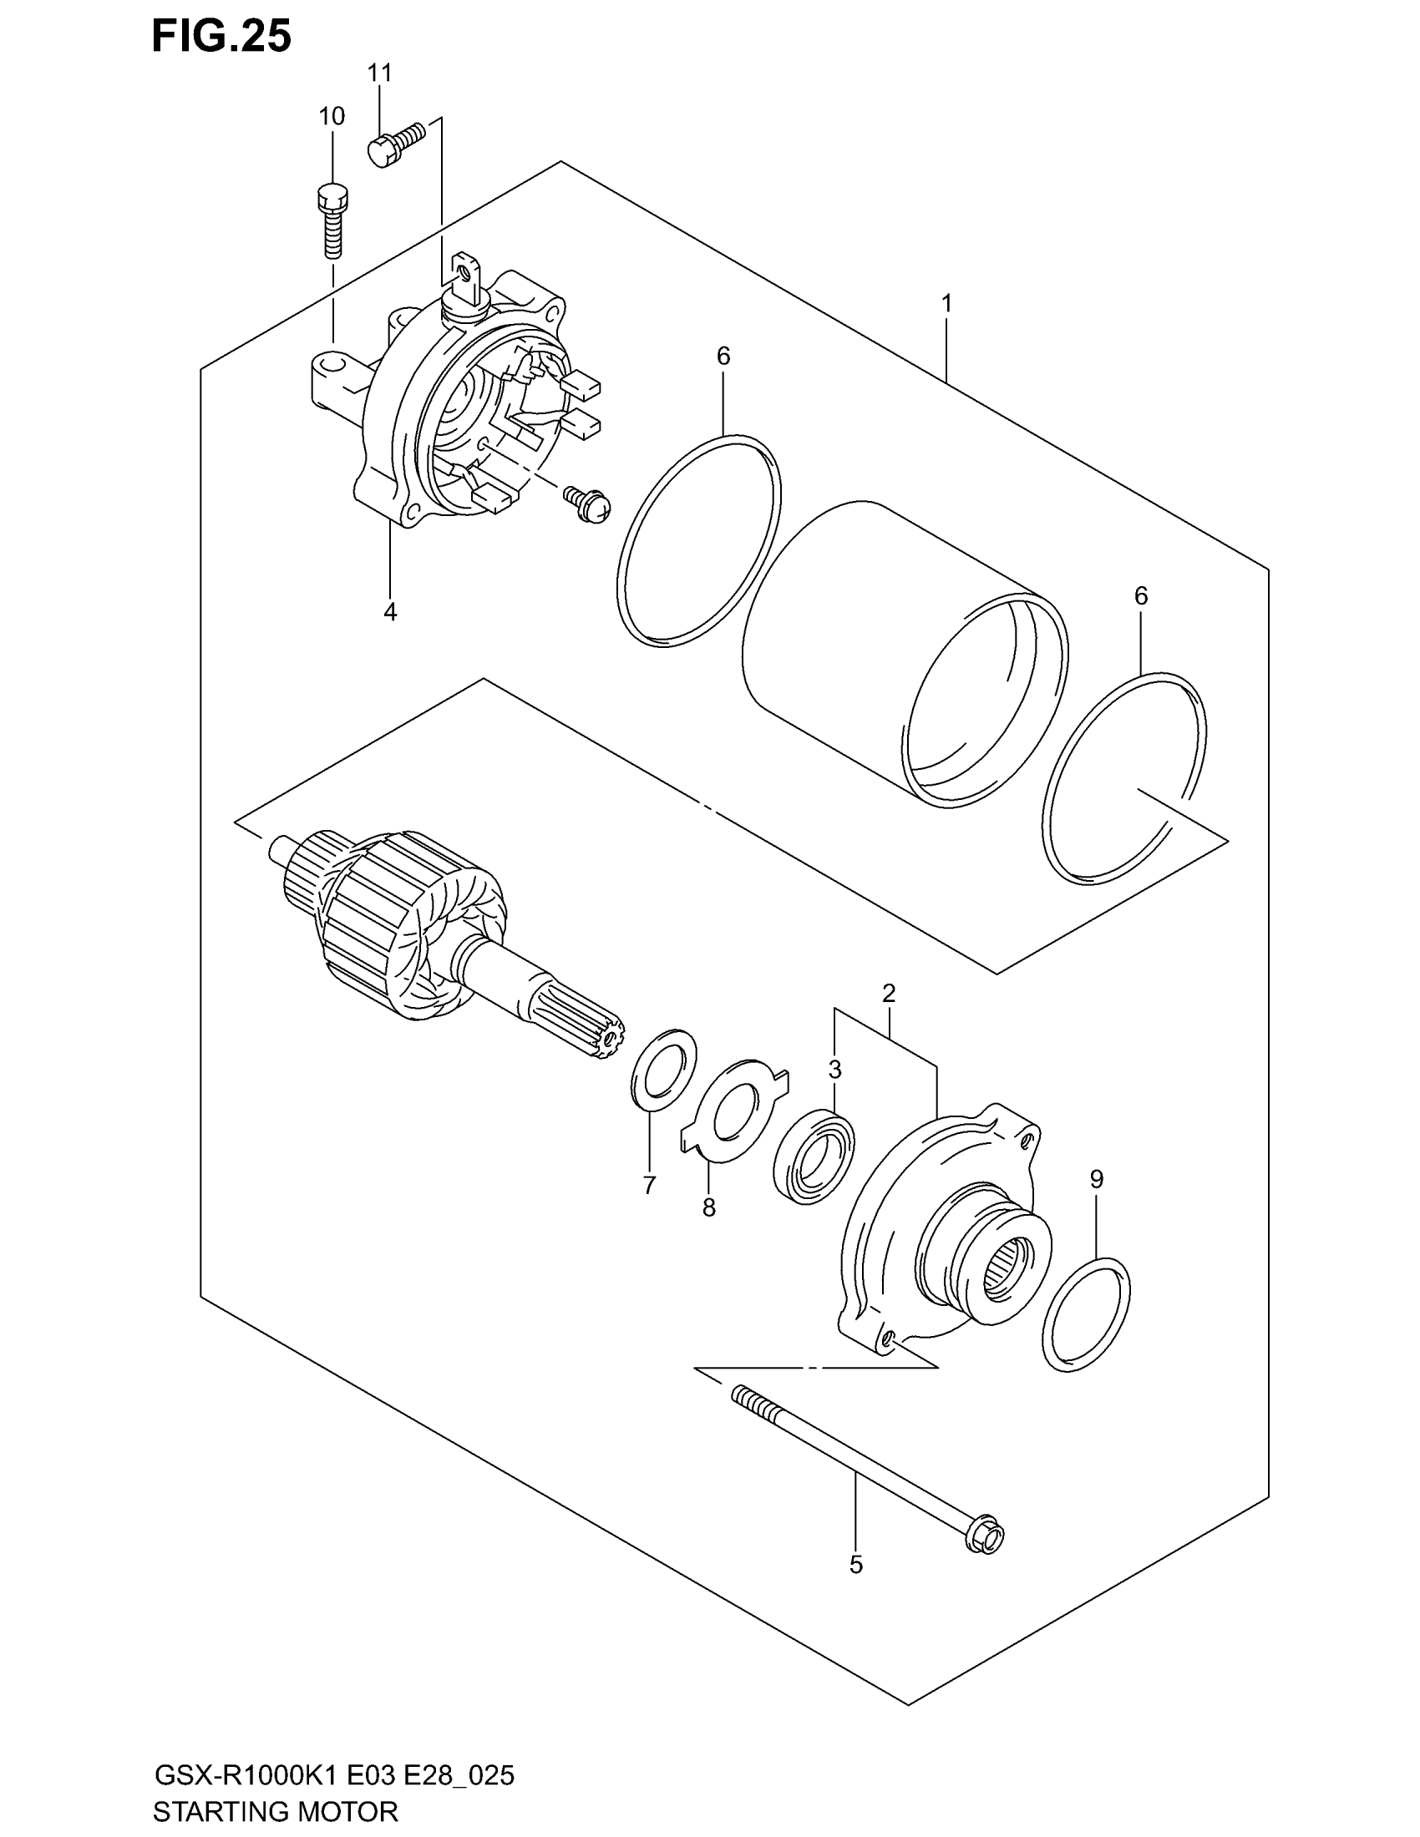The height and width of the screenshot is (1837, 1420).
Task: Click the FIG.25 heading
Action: (222, 37)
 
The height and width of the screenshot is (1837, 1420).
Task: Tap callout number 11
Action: (379, 73)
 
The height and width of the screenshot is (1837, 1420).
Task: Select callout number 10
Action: (332, 116)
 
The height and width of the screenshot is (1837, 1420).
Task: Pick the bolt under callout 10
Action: (332, 220)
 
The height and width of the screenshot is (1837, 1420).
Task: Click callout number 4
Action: (390, 611)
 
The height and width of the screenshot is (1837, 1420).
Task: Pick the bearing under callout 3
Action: (814, 1153)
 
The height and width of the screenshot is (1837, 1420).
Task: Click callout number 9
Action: (1096, 1179)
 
